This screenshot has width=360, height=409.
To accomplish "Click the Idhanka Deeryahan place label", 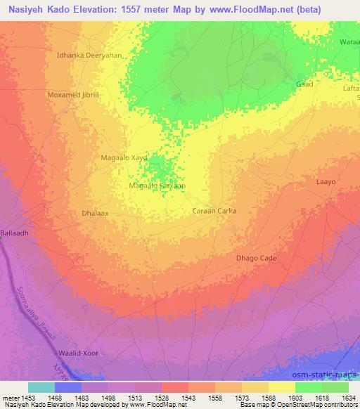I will point(89,54).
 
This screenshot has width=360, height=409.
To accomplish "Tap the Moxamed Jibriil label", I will point(74,94).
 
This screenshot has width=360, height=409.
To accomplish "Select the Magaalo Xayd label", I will point(124,158).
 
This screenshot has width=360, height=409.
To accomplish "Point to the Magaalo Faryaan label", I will point(157,186).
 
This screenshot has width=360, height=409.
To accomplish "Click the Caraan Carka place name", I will point(214,210).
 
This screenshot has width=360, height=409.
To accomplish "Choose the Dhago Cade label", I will point(256,258).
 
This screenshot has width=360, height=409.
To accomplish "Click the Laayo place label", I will point(326,182).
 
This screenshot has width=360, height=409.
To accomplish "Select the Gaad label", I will point(304,84).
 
